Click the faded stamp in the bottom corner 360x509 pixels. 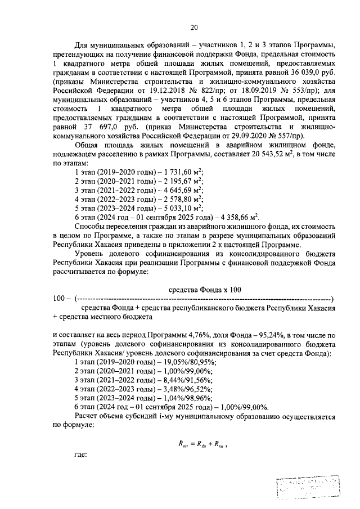[310, 487]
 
